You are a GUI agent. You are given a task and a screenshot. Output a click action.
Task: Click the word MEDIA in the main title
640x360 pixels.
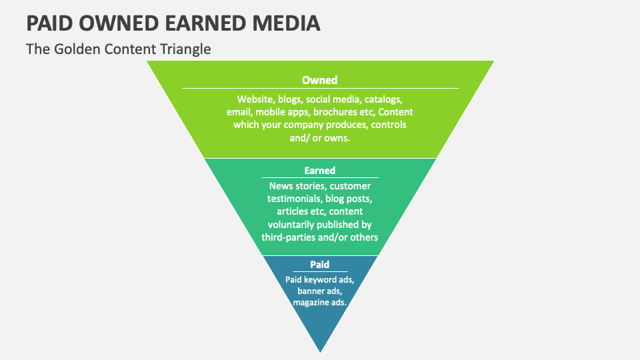tap(286, 23)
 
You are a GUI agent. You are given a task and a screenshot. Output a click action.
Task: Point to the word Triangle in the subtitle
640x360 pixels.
tap(185, 49)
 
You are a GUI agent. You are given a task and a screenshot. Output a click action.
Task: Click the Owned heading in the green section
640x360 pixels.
tap(319, 80)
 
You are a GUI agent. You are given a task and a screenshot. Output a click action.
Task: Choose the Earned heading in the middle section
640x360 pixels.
tap(319, 171)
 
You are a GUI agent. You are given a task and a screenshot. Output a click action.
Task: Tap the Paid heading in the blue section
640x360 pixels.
tap(319, 265)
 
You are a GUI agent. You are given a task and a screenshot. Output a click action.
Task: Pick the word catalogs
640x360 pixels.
tap(383, 99)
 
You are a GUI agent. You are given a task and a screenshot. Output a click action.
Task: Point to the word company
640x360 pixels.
tap(303, 125)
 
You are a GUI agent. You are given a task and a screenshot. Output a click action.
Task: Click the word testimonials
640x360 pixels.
tap(294, 199)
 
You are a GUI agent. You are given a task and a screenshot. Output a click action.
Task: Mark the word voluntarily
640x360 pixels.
tap(291, 225)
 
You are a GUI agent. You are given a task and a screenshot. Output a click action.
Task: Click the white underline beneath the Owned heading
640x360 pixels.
tap(321, 88)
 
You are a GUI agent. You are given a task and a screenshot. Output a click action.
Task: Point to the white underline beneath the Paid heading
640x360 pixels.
tap(320, 271)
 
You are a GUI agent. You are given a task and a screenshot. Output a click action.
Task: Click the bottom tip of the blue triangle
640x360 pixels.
tap(321, 352)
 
